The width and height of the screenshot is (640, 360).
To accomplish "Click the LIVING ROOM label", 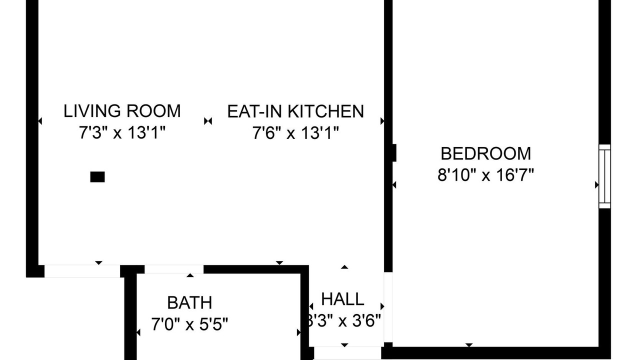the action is [x=122, y=111].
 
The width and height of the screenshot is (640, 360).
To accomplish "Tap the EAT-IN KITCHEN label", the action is [x=295, y=111].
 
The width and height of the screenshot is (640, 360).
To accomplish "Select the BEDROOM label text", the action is [x=485, y=153].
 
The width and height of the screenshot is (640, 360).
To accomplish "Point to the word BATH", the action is [x=189, y=302].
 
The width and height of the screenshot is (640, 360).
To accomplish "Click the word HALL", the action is [x=342, y=299].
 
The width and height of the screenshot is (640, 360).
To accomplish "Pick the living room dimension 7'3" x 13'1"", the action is [x=122, y=132].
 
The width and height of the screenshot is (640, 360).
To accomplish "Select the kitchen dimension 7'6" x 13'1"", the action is [x=295, y=133].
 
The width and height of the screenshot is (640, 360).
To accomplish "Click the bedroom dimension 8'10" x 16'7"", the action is [x=485, y=175].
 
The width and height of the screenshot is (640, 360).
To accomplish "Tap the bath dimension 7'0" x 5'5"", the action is [x=189, y=324].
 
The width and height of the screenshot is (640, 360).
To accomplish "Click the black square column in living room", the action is [x=97, y=177].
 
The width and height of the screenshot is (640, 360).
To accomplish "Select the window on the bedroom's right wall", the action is [x=604, y=176].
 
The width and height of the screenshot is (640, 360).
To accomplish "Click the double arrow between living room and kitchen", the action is [x=208, y=121].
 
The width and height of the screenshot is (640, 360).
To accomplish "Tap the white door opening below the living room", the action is [x=82, y=271].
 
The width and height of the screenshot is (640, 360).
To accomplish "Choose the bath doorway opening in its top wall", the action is [x=174, y=269].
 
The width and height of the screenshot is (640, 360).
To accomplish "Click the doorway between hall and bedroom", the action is [x=388, y=307].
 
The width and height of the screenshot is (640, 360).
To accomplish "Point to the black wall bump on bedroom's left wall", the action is [x=394, y=153].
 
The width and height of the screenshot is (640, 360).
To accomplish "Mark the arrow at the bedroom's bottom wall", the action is [x=469, y=345].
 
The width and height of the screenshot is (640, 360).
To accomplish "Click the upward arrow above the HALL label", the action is [x=344, y=267].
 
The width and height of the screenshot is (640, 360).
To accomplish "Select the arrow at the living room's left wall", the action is [x=40, y=121].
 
